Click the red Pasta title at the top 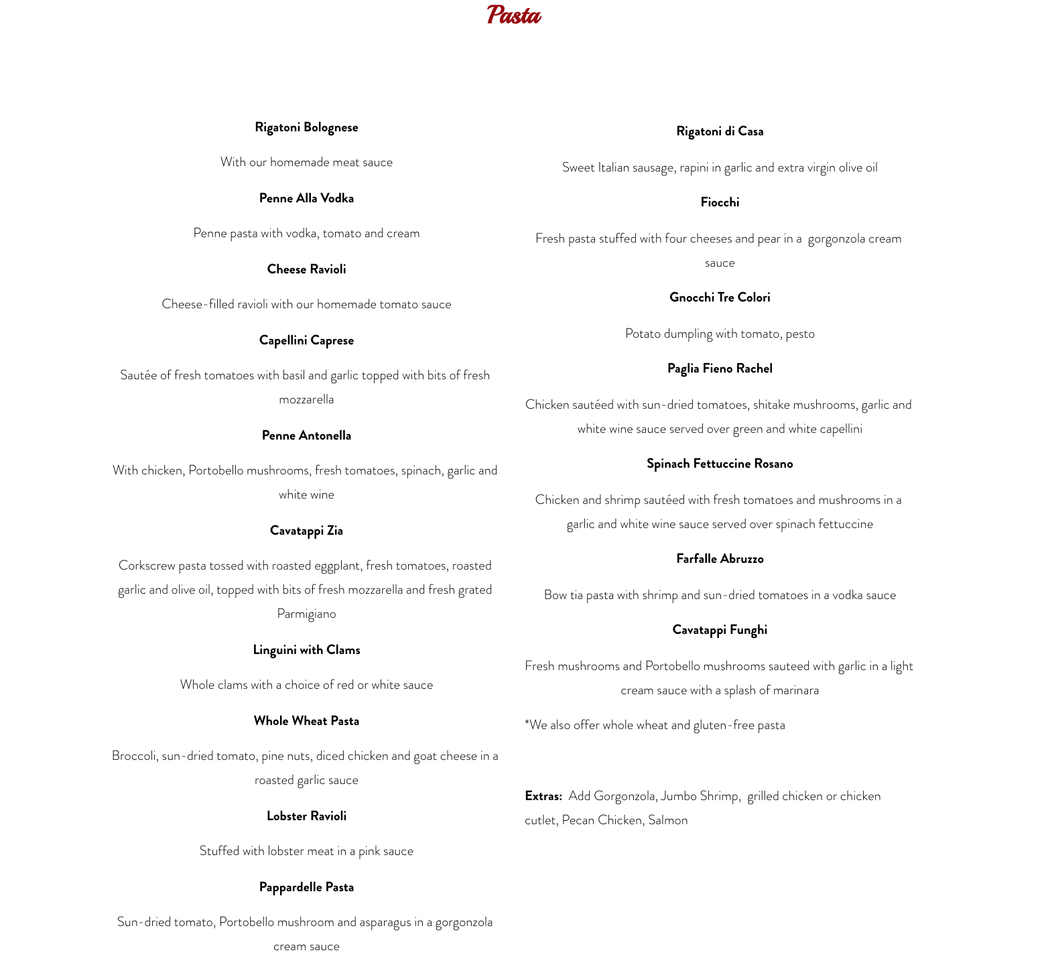(x=514, y=15)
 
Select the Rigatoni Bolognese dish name (x=306, y=127)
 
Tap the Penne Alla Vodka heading (x=306, y=198)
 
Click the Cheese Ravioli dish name (x=306, y=269)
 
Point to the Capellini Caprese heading (x=306, y=340)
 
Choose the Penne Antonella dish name (x=306, y=436)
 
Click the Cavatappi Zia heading (x=306, y=531)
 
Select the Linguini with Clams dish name (x=306, y=650)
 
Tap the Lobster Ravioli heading (x=306, y=816)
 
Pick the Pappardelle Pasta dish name (x=306, y=887)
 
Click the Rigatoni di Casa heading (x=720, y=131)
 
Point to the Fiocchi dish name (x=720, y=202)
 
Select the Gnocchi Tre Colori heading (x=720, y=298)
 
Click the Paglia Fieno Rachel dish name (x=720, y=369)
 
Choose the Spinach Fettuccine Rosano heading (x=720, y=464)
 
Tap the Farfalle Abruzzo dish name (x=720, y=559)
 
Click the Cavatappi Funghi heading (x=720, y=630)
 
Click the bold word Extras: (x=543, y=796)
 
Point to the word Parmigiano (x=306, y=614)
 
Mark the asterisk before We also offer (x=527, y=722)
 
